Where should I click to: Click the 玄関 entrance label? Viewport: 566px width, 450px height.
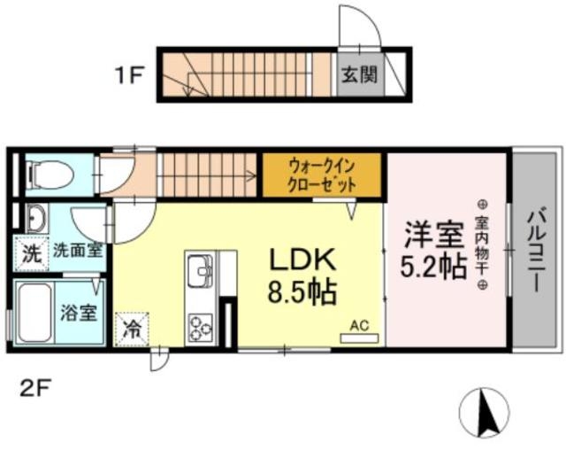pos(360,74)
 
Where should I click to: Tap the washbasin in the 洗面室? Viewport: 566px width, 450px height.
pos(36,218)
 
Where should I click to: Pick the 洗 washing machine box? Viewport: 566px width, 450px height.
pos(30,252)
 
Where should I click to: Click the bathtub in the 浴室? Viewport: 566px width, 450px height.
pos(34,313)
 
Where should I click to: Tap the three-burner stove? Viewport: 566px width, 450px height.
pos(200,328)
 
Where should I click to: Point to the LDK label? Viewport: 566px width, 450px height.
pos(302,260)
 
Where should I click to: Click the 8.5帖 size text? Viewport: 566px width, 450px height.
pos(302,292)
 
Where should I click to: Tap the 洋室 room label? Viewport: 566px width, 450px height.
pos(433,236)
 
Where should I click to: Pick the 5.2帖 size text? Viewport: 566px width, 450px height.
pos(433,267)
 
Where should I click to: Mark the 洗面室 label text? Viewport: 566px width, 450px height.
pos(78,250)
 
